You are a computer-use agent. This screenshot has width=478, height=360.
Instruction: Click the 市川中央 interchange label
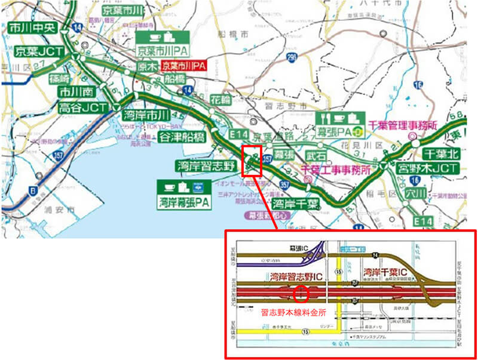(x=30, y=27)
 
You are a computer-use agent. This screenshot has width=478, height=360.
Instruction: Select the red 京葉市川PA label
(x=184, y=66)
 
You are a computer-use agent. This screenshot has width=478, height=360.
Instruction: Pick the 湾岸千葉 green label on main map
(x=293, y=204)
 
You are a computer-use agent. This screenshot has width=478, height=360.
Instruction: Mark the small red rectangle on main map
(x=252, y=159)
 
